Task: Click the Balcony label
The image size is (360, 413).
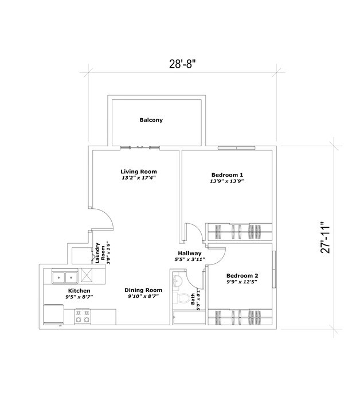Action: [151, 120]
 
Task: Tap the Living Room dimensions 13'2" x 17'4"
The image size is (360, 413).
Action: [138, 178]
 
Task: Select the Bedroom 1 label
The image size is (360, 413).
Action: [228, 174]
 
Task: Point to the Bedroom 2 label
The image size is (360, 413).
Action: [242, 274]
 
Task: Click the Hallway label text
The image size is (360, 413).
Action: [189, 253]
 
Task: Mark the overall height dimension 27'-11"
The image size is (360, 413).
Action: [326, 237]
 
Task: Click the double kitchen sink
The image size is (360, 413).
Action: [65, 278]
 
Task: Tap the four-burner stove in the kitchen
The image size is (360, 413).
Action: [83, 314]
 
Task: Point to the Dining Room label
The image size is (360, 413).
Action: [139, 290]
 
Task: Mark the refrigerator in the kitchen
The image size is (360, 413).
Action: [55, 313]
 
